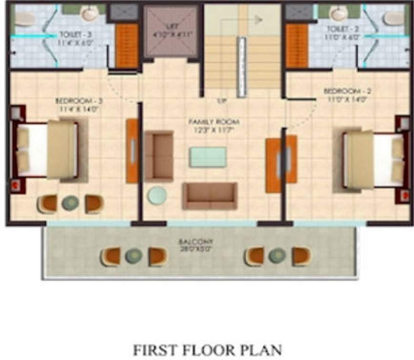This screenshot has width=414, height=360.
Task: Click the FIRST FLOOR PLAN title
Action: click(x=207, y=349)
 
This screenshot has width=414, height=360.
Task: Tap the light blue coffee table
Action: click(x=208, y=157)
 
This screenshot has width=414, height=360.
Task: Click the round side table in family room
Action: click(x=157, y=195)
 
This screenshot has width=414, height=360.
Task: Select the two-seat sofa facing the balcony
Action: click(x=210, y=195)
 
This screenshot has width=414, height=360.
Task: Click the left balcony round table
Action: click(x=134, y=257)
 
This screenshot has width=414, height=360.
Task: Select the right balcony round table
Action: click(x=277, y=256)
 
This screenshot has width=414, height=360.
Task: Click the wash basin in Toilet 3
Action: click(x=89, y=14)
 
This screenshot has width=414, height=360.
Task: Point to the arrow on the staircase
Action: click(x=258, y=20)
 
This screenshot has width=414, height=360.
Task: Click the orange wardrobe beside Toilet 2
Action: click(x=296, y=46)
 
